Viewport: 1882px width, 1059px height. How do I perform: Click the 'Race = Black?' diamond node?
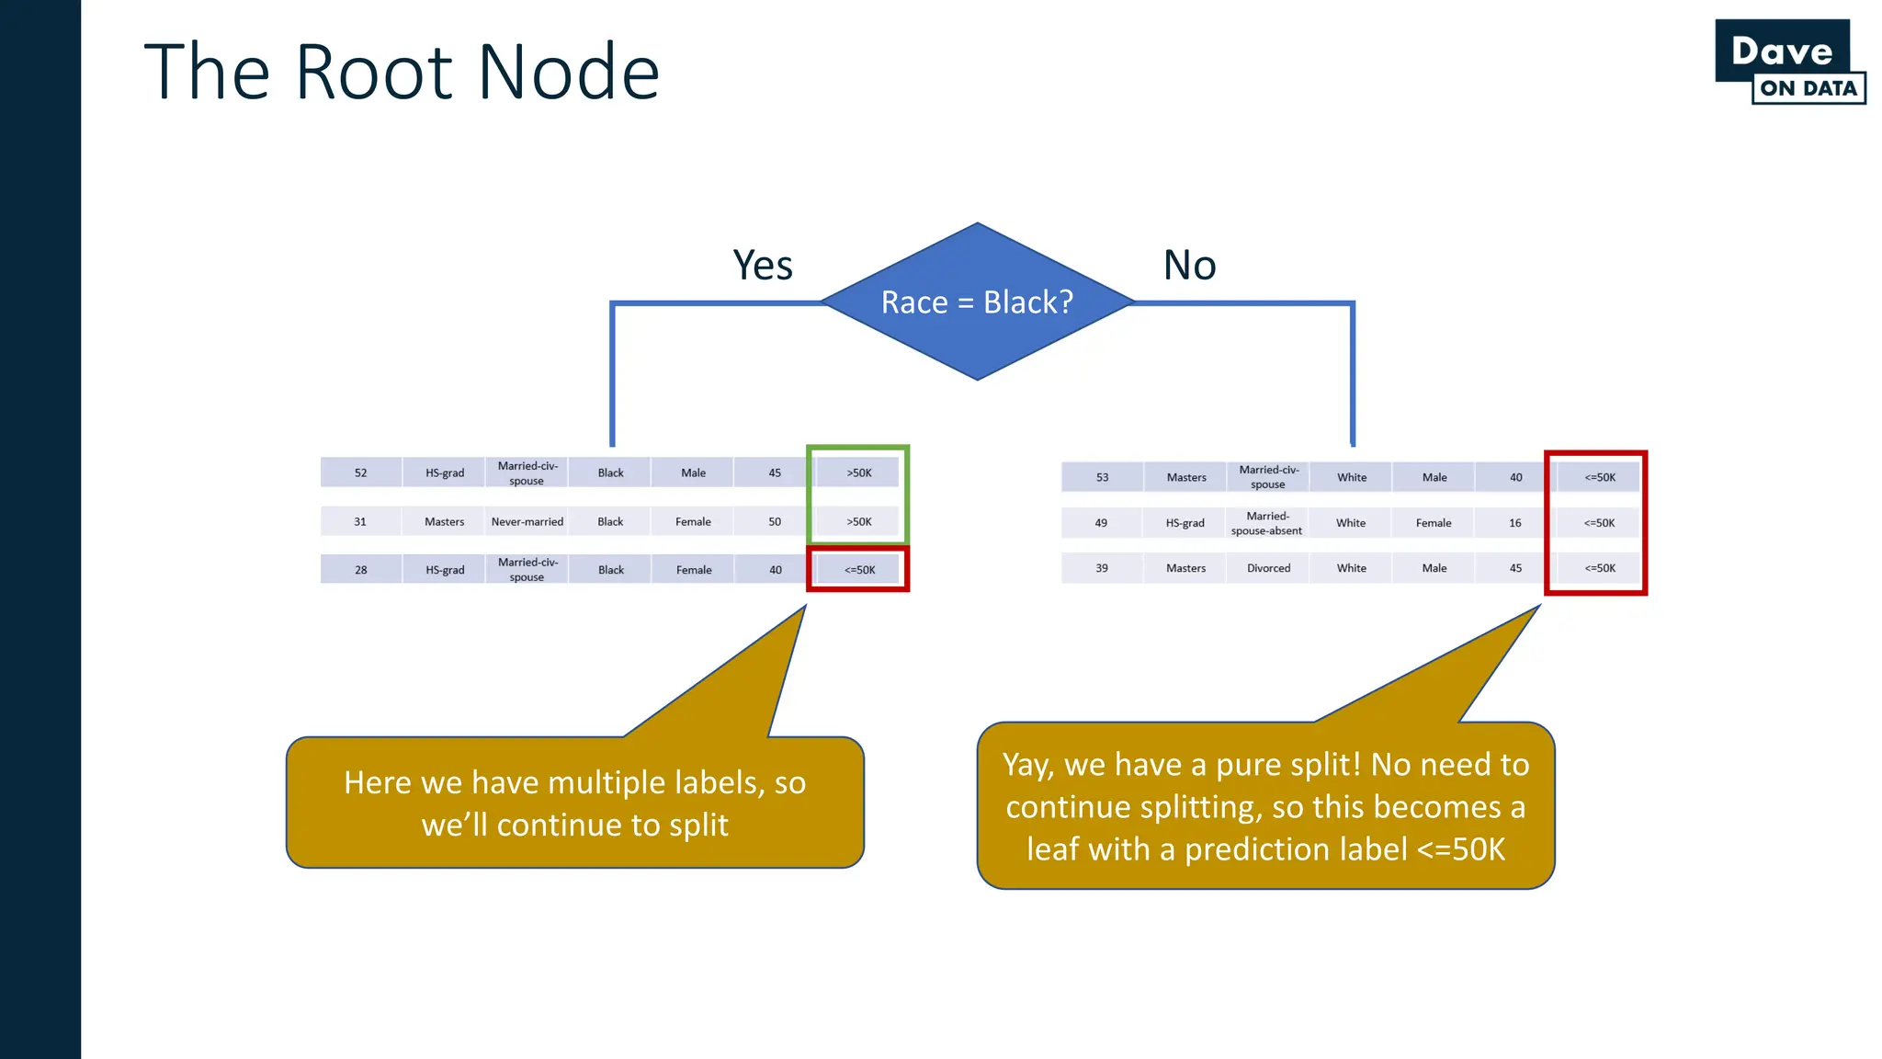pos(977,302)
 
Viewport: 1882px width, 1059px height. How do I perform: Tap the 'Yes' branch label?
pos(763,266)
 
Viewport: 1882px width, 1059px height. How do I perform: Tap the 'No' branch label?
pos(1189,266)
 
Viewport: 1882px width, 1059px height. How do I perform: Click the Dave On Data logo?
pos(1789,63)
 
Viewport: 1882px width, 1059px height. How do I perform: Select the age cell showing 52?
pos(360,473)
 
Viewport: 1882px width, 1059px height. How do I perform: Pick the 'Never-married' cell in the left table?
pos(527,521)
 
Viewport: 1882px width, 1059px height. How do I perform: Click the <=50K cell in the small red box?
pos(859,570)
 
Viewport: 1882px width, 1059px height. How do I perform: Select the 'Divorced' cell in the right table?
pos(1268,568)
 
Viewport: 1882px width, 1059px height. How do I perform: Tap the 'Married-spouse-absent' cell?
pos(1266,523)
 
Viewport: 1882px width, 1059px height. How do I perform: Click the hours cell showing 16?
pos(1514,523)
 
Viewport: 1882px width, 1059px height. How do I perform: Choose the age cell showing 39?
pos(1101,568)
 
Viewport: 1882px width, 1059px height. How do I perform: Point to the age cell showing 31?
pos(360,521)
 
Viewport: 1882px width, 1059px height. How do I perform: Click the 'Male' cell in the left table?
pos(693,473)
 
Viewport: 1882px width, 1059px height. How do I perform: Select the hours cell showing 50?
pos(775,521)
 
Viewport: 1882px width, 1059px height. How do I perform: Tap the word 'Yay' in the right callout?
pos(1026,765)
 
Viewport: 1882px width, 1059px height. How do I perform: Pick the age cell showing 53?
pos(1102,477)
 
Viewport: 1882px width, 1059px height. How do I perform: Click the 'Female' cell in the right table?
pos(1433,523)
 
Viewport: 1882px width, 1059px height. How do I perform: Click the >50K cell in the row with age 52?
pos(859,473)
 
